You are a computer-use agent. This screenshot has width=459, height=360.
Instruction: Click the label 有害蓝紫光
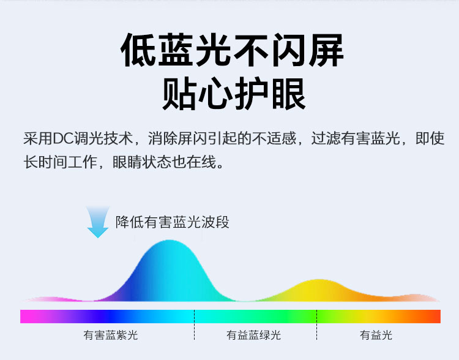point(110,335)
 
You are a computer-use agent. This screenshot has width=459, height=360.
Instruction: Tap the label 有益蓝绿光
point(253,335)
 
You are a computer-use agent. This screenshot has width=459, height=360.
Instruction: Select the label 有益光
point(376,335)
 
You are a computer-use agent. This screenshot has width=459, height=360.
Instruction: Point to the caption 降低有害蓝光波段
point(172,222)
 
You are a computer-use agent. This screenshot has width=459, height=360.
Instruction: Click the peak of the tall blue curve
point(170,241)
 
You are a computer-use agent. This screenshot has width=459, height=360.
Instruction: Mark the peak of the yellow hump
point(319,280)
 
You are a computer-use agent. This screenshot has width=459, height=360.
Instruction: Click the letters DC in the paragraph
point(62,138)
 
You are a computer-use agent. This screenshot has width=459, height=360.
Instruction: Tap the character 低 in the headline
point(138,50)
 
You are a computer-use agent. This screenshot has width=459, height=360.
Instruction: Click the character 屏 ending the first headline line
point(326,50)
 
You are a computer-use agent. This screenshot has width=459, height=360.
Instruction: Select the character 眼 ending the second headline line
point(289,94)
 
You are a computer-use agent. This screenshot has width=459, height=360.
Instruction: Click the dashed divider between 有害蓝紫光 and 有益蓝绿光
point(194,325)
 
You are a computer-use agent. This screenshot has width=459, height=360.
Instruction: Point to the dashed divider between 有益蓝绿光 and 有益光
point(316,325)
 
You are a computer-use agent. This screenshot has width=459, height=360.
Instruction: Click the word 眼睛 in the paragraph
point(127,162)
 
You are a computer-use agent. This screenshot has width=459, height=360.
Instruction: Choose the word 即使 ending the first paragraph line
point(430,138)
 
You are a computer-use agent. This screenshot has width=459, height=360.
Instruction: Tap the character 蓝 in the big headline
point(176,50)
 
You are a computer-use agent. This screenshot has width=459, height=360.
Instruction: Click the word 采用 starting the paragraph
point(38,138)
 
